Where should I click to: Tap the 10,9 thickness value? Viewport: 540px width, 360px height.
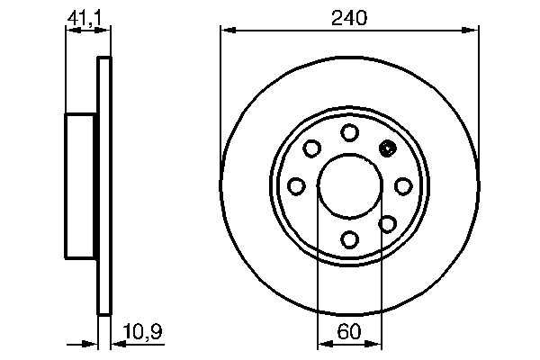coord(142,332)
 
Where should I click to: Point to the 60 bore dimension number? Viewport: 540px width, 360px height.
coord(349,332)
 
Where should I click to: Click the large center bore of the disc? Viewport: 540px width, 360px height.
coord(349,185)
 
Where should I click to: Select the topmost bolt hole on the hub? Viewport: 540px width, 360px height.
coord(349,132)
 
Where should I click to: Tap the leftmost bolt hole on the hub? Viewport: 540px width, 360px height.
coord(296,185)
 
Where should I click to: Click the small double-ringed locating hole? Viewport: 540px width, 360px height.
coord(388,149)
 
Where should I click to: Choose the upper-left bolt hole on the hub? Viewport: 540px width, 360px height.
coord(312,148)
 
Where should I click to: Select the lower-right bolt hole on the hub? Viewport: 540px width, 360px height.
coord(387,222)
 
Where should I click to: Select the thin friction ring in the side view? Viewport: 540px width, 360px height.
coord(104,186)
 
